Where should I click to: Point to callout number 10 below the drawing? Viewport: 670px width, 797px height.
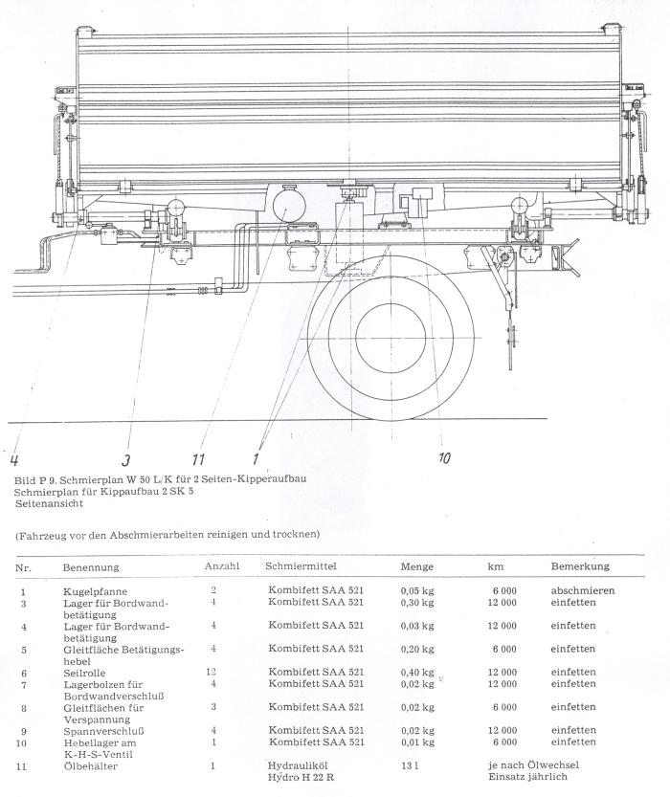point(444,457)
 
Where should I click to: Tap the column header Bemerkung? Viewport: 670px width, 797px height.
point(580,566)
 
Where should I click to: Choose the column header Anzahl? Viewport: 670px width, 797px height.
point(221,566)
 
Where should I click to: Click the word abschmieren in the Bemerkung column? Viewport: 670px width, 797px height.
point(582,591)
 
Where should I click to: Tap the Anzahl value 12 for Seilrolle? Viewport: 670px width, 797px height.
point(212,672)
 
